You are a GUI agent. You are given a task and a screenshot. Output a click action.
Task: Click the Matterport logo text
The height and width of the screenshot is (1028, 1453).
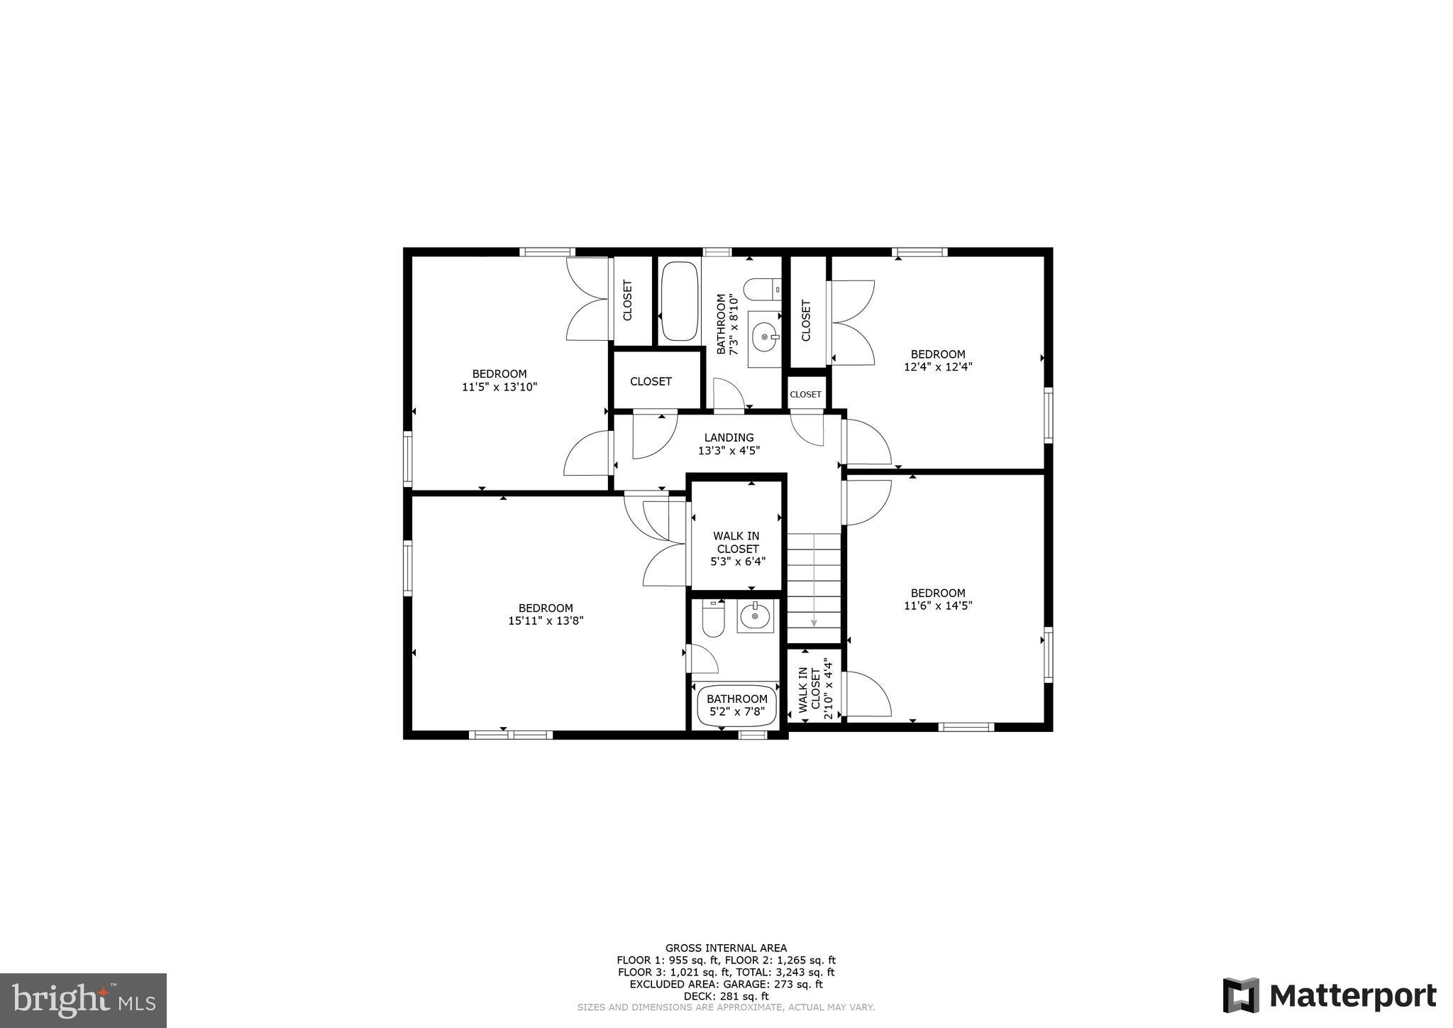1352,996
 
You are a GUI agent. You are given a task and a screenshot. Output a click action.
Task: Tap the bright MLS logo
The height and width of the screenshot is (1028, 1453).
83,1000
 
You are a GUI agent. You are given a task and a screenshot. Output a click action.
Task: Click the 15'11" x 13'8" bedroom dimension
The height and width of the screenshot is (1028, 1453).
546,620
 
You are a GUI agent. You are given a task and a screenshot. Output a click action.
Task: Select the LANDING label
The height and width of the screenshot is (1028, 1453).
729,437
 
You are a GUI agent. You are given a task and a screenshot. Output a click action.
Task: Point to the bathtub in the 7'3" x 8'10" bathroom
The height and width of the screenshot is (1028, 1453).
680,302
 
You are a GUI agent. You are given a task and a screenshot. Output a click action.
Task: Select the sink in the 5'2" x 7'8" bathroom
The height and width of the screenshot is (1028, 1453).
755,616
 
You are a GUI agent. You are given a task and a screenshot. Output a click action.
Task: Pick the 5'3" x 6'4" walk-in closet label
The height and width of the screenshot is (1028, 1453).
737,549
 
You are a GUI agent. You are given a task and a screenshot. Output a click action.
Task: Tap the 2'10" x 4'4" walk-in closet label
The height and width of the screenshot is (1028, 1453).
814,689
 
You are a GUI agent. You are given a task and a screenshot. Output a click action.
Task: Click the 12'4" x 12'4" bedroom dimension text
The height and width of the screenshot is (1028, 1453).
938,367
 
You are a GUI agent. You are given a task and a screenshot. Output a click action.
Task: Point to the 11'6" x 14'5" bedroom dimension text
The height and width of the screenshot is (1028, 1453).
938,606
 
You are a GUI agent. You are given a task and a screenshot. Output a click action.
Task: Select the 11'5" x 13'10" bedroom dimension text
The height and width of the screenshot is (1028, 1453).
499,387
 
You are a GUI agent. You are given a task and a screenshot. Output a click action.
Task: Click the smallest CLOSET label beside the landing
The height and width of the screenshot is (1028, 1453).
806,395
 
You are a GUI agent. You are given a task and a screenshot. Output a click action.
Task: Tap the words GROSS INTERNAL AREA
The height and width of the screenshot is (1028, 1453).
726,948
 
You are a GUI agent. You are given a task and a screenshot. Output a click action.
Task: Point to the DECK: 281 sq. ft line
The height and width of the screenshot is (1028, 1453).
726,996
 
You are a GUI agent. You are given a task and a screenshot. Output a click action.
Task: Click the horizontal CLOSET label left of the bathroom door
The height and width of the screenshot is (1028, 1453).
651,381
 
